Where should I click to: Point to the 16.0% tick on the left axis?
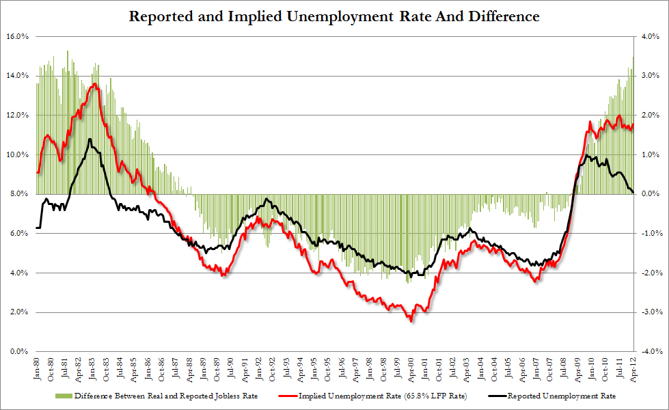[16, 36]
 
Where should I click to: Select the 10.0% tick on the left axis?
[16, 154]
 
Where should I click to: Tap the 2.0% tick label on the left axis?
[18, 312]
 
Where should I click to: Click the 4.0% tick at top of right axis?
[650, 36]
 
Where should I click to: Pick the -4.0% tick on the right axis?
[648, 352]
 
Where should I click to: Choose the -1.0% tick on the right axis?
[648, 234]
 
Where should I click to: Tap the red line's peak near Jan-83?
[94, 84]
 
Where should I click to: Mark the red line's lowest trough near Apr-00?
[411, 320]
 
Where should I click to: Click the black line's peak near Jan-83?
[90, 139]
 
